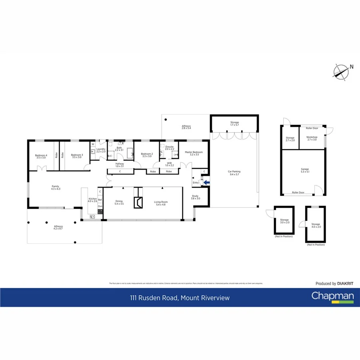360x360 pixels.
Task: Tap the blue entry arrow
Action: (x=206, y=183)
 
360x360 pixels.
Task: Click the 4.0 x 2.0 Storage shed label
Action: (x=316, y=226)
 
